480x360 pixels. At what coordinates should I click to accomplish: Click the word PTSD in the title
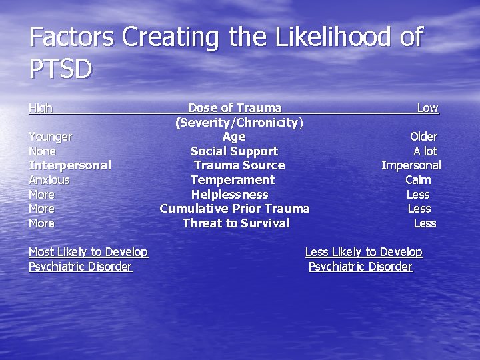[x=61, y=69]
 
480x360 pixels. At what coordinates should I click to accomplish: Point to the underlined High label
[x=41, y=108]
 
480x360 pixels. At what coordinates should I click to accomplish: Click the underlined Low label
[x=427, y=108]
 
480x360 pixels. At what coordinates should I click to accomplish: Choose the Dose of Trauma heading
[x=235, y=108]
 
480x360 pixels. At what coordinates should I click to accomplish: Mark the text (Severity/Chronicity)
[x=239, y=123]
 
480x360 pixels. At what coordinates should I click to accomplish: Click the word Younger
[x=50, y=137]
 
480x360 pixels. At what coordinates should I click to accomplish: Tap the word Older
[x=423, y=137]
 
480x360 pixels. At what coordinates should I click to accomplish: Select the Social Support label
[x=234, y=151]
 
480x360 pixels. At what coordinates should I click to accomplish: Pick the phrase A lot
[x=425, y=151]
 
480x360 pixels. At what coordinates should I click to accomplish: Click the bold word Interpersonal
[x=69, y=165]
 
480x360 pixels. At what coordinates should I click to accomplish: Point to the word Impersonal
[x=411, y=165]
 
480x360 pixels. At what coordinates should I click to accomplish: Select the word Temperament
[x=233, y=180]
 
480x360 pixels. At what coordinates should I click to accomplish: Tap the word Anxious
[x=49, y=180]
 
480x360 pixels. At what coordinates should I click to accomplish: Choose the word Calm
[x=418, y=180]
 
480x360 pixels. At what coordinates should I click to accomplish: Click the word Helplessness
[x=229, y=195]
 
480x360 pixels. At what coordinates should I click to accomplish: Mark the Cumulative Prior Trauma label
[x=235, y=209]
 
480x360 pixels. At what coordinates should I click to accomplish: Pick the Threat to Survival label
[x=236, y=223]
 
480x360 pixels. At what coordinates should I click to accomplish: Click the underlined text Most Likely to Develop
[x=88, y=252]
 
